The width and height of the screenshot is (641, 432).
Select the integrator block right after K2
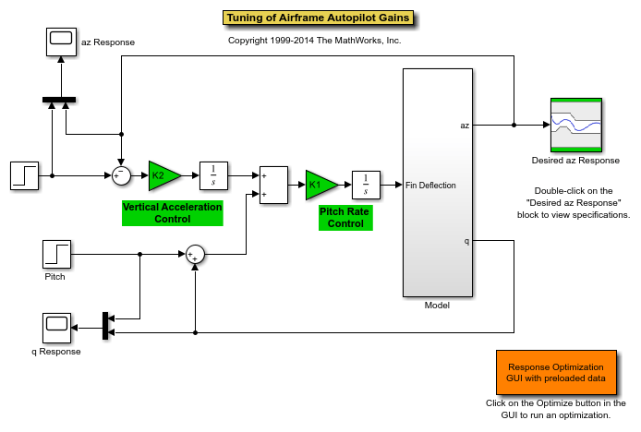(213, 174)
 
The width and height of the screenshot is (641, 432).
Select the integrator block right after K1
(366, 185)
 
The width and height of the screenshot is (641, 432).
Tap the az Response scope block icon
(61, 40)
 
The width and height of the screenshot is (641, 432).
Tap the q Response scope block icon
(57, 328)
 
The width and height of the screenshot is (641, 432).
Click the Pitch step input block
(57, 254)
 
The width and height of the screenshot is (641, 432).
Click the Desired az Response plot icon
(576, 124)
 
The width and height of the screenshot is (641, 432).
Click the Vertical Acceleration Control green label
(173, 213)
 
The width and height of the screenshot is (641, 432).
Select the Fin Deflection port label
(430, 186)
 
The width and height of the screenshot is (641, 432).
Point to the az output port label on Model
(465, 125)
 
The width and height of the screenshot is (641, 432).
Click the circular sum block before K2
(121, 174)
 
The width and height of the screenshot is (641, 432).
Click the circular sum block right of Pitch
(195, 255)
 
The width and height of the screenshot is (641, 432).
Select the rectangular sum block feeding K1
(274, 185)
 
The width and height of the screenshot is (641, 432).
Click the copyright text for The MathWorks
(314, 41)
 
